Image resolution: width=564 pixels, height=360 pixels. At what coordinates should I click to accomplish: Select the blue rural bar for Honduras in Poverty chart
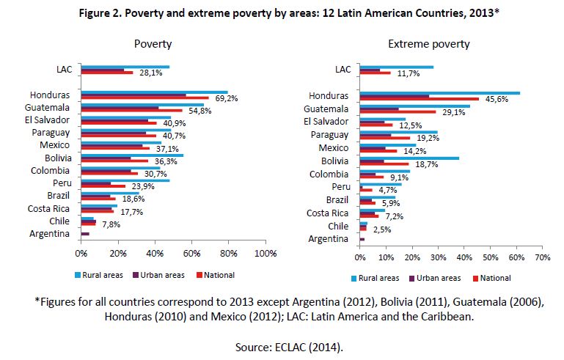[154, 92]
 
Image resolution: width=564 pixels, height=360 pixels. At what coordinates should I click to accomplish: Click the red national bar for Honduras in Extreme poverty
[419, 98]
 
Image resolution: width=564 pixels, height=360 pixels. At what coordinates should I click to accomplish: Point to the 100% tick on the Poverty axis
[265, 254]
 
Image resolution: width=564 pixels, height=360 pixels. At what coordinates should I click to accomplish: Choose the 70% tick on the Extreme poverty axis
[542, 258]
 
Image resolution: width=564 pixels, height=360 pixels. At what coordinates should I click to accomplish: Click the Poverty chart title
[153, 44]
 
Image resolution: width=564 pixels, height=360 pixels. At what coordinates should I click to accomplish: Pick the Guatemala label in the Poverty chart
[48, 107]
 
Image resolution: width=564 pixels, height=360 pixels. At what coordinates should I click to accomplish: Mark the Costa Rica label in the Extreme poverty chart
[327, 213]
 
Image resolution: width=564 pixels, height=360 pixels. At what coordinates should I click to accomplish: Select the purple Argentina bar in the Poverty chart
[85, 234]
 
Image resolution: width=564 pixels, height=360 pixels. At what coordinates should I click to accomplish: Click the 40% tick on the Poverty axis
[155, 254]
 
